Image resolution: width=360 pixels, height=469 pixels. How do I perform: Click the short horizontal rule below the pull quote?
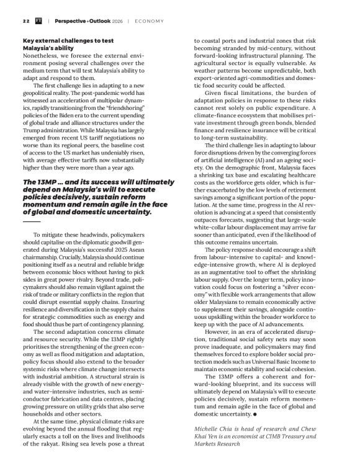click(31, 220)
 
